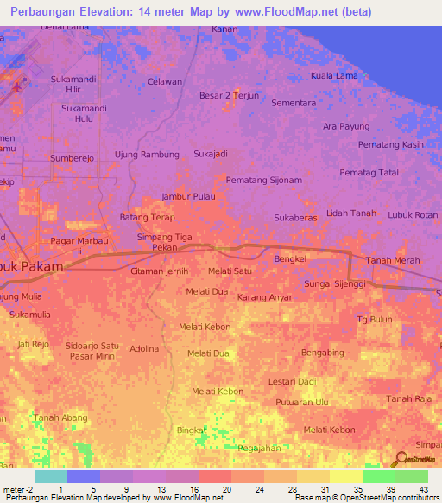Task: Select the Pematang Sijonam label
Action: click(x=263, y=180)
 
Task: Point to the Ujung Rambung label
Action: click(x=147, y=155)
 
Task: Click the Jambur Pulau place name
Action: click(x=187, y=196)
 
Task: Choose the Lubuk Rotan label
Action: click(x=413, y=214)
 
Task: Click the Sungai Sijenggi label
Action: click(x=335, y=283)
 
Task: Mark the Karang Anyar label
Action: click(x=264, y=297)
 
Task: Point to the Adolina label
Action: click(x=144, y=349)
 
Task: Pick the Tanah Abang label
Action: click(x=60, y=418)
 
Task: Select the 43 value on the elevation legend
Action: click(x=422, y=489)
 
